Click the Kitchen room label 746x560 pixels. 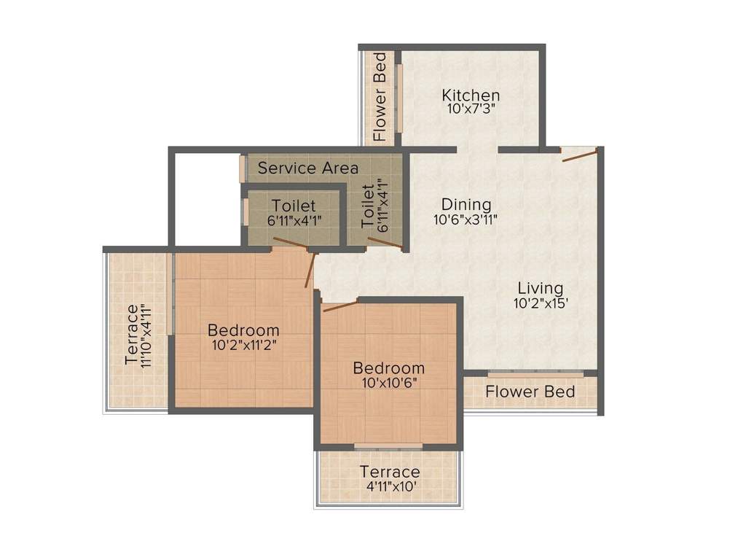point(471,95)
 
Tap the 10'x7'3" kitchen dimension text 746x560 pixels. point(471,109)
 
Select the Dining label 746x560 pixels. point(466,205)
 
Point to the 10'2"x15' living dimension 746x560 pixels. point(541,303)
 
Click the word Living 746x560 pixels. point(541,287)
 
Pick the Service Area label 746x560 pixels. point(307,168)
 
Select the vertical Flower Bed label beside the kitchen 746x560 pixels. point(380,97)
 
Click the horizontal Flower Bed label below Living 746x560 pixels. point(530,392)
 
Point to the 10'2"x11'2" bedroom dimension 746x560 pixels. point(243,344)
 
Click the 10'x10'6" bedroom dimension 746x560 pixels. point(388,383)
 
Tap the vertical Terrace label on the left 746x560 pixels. point(132,335)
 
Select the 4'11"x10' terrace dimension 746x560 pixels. point(389,487)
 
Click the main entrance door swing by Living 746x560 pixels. point(579,152)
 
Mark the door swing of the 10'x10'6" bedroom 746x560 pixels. point(339,306)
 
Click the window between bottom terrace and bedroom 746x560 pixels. point(388,446)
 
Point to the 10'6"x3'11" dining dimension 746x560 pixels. point(466,219)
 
